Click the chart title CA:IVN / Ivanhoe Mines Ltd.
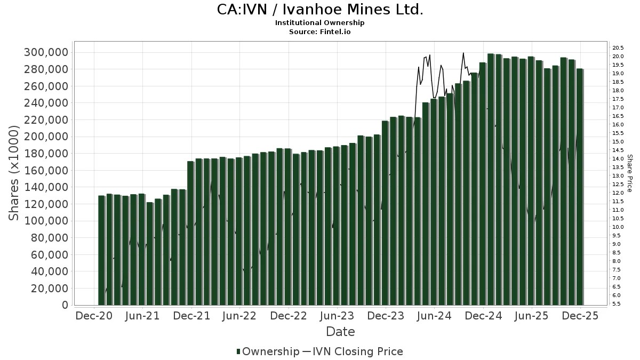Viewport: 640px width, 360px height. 320,10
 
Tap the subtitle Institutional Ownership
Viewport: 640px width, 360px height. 320,23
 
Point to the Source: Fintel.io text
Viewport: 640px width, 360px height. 320,32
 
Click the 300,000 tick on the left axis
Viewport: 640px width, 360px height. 46,52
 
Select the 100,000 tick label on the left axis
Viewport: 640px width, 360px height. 46,221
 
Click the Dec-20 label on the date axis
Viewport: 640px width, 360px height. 94,316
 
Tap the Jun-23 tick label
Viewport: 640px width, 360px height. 337,316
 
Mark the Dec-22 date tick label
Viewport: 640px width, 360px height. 289,316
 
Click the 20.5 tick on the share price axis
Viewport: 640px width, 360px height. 618,48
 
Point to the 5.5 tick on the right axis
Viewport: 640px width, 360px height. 616,303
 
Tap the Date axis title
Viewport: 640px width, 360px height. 340,332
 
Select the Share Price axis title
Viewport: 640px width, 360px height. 630,173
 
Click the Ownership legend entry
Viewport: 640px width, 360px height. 268,351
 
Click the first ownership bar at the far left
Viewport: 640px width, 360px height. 101,251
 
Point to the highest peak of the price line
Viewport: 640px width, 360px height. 463,53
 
